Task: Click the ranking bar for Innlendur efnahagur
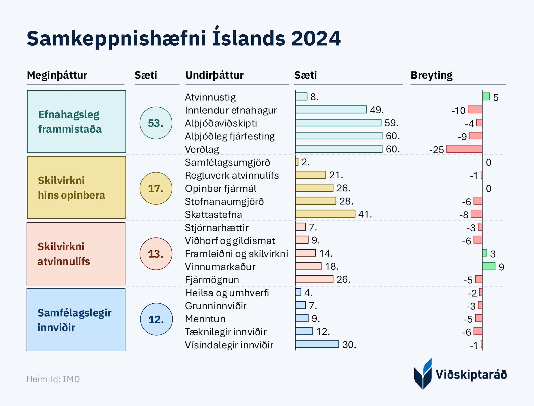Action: pos(331,110)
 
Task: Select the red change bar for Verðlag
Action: pos(464,149)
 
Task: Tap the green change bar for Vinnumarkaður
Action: pos(489,266)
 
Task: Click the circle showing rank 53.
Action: pos(156,123)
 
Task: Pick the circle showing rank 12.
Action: pos(156,319)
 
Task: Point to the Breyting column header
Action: pos(431,75)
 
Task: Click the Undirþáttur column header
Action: pos(214,75)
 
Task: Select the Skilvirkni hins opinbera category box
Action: pos(76,188)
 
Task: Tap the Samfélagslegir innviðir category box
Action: pos(76,320)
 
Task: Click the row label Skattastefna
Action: pos(213,215)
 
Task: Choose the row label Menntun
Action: pos(205,319)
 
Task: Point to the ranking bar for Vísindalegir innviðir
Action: pos(317,344)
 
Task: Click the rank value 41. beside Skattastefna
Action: pos(365,214)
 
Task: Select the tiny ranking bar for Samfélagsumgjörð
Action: pos(297,162)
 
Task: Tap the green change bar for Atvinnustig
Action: pos(486,97)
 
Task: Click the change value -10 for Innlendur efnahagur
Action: pos(458,110)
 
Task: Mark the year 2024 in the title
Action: pos(316,38)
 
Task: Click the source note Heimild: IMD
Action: pos(53,379)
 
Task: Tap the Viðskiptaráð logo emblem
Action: pos(423,374)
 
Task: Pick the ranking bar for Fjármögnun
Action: pos(314,279)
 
